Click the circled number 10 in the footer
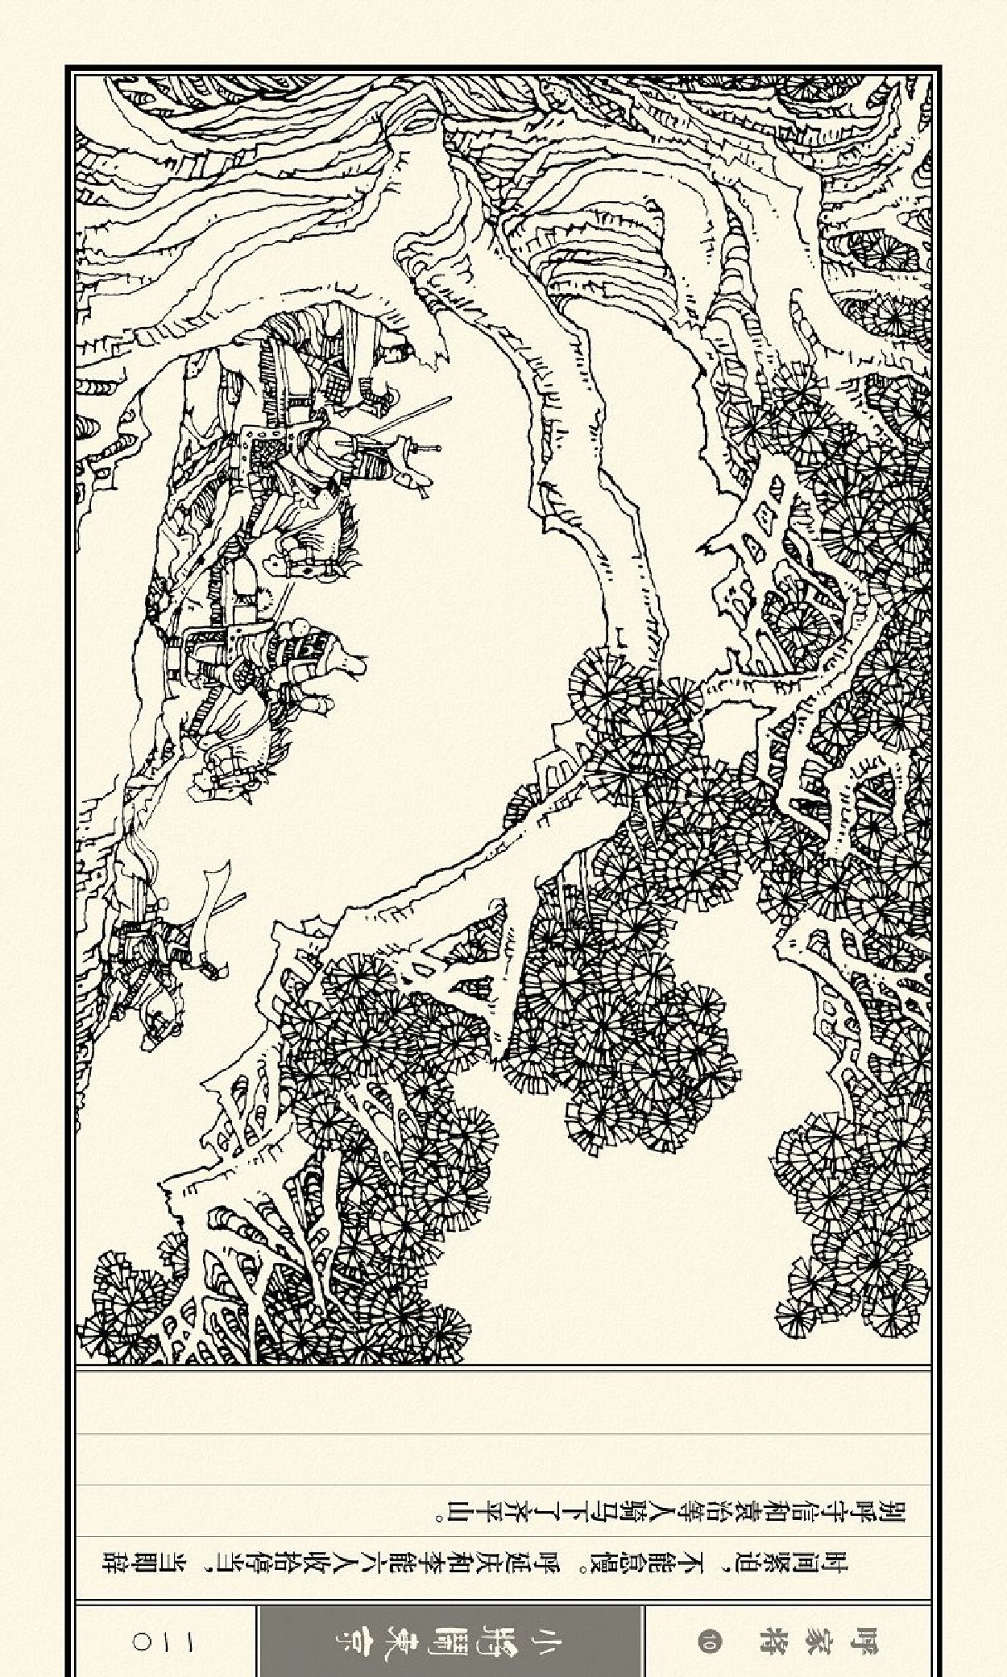click(709, 1640)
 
